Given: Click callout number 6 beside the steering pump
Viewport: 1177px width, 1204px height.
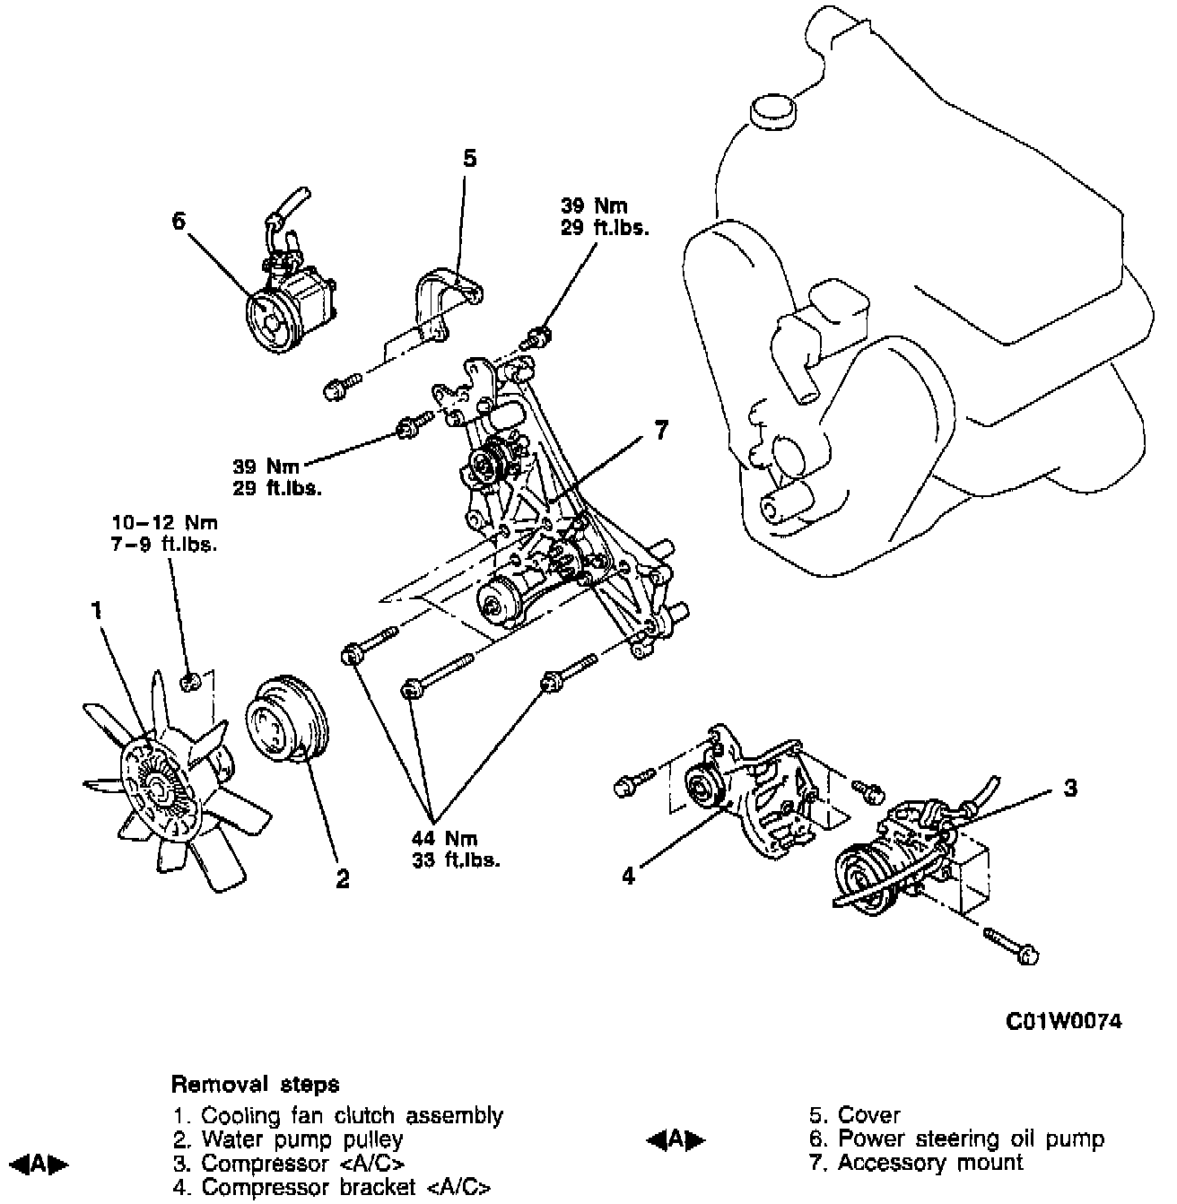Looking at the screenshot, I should tap(179, 220).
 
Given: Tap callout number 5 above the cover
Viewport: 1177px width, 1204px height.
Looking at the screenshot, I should tap(469, 160).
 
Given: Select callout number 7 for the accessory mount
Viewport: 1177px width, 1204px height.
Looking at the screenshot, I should tap(660, 432).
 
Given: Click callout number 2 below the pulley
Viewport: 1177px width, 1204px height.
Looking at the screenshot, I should tap(342, 878).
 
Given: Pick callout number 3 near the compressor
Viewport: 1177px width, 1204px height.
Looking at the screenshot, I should tap(1069, 789).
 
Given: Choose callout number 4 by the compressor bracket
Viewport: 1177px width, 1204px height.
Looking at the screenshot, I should tap(629, 875).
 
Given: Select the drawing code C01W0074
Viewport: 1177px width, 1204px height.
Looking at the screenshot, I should tap(1063, 1022).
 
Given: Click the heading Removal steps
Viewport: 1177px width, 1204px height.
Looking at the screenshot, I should tap(255, 1084).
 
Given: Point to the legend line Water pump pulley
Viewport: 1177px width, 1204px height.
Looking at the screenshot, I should tap(289, 1139).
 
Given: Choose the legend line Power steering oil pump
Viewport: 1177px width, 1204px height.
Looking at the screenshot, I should tap(956, 1139).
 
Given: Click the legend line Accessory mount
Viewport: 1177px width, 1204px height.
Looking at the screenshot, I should tap(916, 1163).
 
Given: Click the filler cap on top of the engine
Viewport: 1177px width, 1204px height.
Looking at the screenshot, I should tap(772, 110).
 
